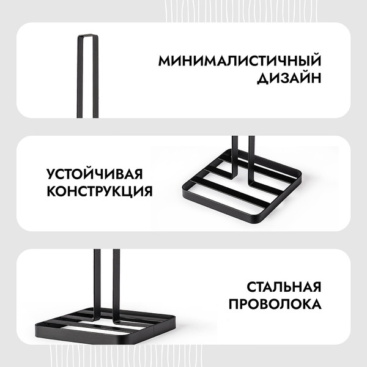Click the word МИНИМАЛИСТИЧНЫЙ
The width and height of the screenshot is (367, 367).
coord(240,62)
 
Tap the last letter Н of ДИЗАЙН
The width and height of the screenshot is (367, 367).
coord(316,78)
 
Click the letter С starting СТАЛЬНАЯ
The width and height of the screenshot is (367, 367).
coord(252,287)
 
